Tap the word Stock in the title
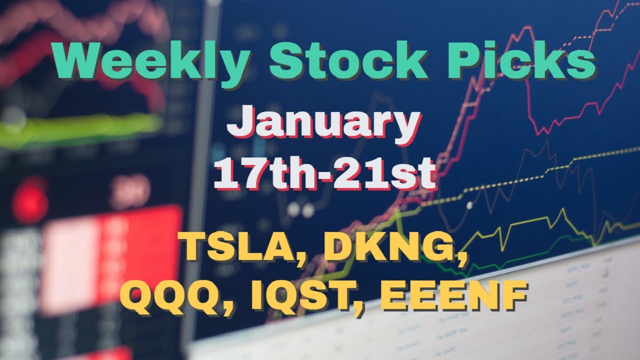347,59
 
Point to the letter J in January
240,122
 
